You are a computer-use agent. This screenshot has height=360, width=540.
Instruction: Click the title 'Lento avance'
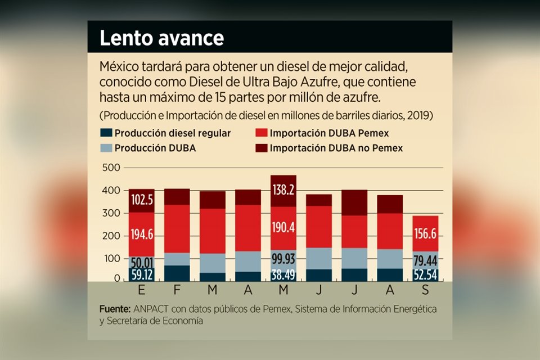[x=161, y=38]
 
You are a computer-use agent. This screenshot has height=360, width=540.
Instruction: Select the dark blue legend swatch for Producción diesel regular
[x=106, y=133]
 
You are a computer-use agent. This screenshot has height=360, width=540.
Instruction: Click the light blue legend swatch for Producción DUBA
[x=106, y=148]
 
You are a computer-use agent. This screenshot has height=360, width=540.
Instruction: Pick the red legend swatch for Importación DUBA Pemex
[x=260, y=133]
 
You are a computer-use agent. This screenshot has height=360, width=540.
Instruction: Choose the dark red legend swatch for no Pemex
[x=260, y=148]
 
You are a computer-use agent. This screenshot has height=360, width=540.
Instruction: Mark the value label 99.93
[x=283, y=259]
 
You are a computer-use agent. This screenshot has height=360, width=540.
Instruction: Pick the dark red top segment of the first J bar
[x=318, y=200]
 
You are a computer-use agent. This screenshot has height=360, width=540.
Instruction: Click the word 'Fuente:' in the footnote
[x=115, y=309]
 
